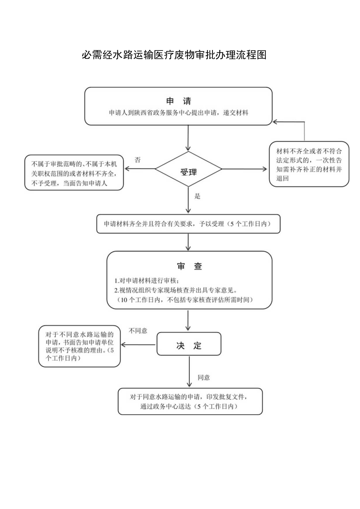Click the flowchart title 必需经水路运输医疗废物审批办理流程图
coord(174,55)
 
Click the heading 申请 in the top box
coord(179,101)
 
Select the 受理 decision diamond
coord(188,169)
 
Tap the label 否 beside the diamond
coord(138,159)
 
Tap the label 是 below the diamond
coord(197,196)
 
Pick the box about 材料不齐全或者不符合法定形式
coord(309,164)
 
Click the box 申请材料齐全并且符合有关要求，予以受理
coord(188,224)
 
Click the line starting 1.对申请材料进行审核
coord(147,281)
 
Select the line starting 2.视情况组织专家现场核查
coord(181,290)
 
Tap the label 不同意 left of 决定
coord(138,331)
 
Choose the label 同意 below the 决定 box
coord(203,378)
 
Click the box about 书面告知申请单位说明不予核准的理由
coord(79,347)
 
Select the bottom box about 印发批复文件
coord(190,401)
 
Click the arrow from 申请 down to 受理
coord(188,138)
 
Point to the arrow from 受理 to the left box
coord(139,169)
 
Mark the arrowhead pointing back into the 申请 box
coord(275,122)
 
